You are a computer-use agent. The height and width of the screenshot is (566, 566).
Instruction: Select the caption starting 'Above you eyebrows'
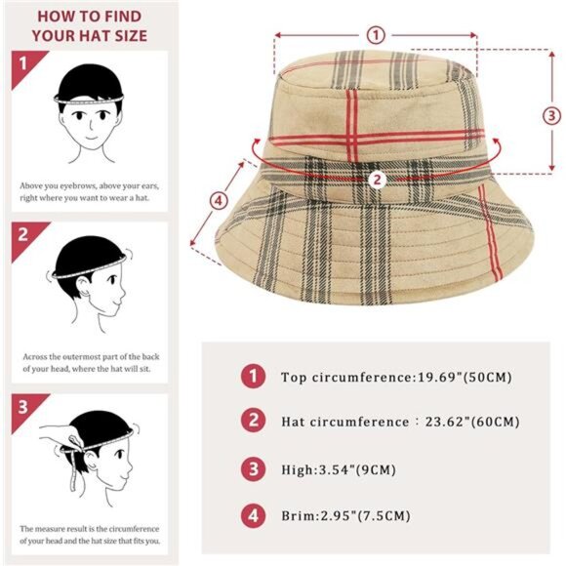[90, 190]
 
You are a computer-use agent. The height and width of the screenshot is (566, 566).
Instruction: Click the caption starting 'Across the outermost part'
[90, 362]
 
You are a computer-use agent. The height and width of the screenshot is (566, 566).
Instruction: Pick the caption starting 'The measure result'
[90, 533]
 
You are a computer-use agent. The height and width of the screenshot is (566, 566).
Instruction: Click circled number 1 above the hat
[376, 35]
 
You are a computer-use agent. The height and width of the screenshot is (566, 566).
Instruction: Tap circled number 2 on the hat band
[377, 179]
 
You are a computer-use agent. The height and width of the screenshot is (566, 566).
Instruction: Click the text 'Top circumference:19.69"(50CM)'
[396, 377]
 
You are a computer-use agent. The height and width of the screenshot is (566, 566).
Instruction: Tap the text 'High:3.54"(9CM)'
[338, 469]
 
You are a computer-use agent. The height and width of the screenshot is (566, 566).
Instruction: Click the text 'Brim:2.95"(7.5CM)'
[345, 515]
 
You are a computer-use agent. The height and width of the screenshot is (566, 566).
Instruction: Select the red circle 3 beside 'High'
[254, 469]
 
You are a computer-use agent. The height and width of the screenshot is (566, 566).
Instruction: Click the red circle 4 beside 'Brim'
[254, 515]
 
